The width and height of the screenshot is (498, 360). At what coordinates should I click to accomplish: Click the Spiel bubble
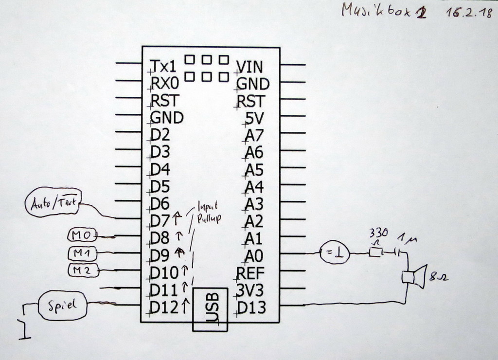(x=62, y=306)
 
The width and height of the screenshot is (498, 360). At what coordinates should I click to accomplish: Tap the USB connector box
(x=211, y=309)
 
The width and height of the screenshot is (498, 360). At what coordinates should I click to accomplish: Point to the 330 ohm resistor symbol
(x=375, y=252)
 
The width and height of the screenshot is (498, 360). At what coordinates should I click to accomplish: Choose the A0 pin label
(x=254, y=255)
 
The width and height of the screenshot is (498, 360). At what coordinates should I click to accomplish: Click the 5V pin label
(x=254, y=118)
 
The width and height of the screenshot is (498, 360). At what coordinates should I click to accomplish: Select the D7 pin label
(x=160, y=221)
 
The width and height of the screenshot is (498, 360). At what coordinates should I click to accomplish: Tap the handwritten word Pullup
(x=209, y=218)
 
